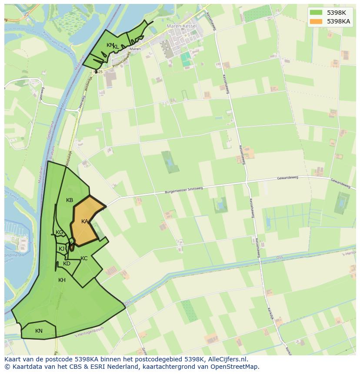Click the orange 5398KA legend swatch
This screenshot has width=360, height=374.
pyautogui.click(x=316, y=21)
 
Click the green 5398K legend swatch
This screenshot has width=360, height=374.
pyautogui.click(x=316, y=13)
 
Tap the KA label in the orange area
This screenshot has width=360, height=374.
pyautogui.click(x=85, y=222)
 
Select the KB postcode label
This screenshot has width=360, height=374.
pyautogui.click(x=70, y=200)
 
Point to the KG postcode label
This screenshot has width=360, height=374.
pyautogui.click(x=60, y=232)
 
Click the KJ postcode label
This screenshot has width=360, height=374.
pyautogui.click(x=62, y=249)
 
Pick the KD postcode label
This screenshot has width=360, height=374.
pyautogui.click(x=67, y=264)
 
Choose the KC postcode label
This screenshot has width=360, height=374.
pyautogui.click(x=84, y=258)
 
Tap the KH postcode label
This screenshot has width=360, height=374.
pyautogui.click(x=62, y=280)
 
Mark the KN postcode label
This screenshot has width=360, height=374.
pyautogui.click(x=39, y=331)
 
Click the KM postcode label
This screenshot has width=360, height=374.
pyautogui.click(x=110, y=45)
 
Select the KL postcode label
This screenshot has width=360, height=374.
pyautogui.click(x=116, y=47)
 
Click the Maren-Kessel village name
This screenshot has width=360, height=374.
pyautogui.click(x=182, y=26)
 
